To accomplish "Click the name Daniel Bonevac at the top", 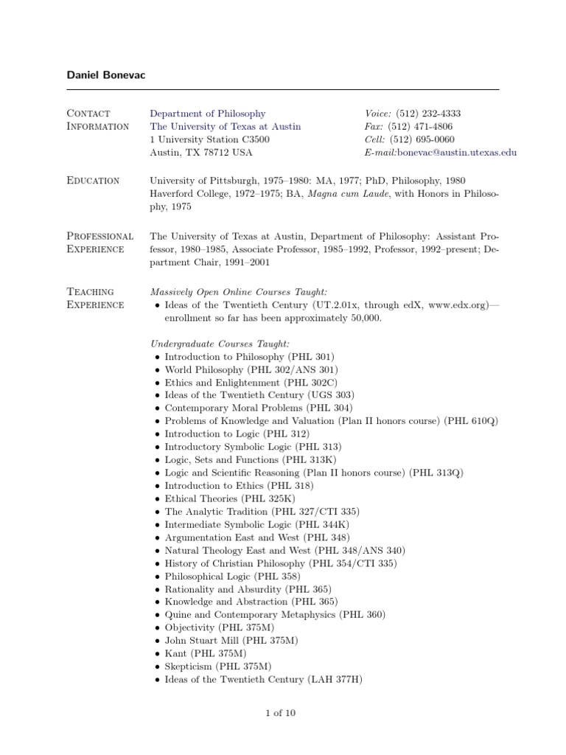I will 108,76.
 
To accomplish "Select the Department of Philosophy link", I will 208,114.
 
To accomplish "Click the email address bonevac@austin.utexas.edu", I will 457,152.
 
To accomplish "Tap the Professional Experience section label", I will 100,243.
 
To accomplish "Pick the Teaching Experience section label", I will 95,299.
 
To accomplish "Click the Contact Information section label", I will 98,119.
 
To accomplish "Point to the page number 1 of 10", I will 282,713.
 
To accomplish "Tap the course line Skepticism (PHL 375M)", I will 213,666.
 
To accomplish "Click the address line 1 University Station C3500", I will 209,139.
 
